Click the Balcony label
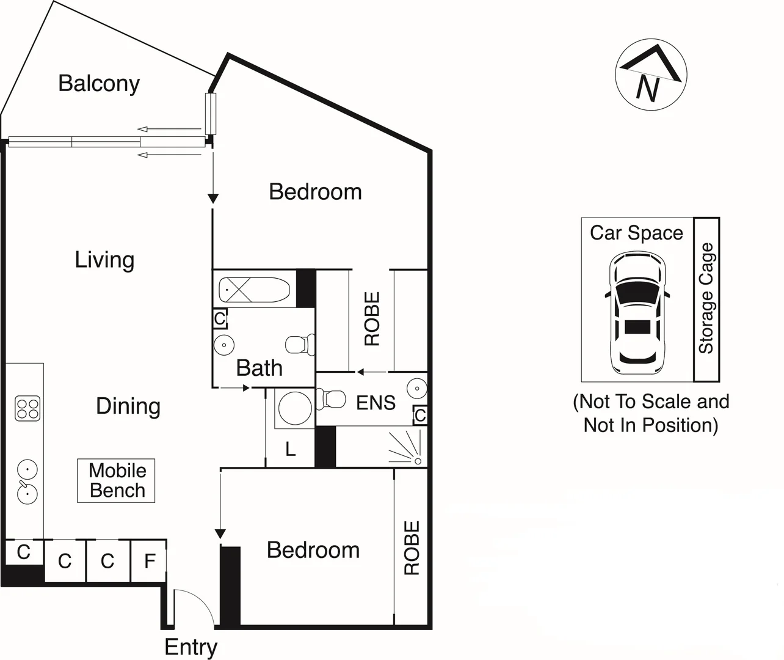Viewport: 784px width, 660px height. click(99, 83)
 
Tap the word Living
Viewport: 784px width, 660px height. click(104, 260)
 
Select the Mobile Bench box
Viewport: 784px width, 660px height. click(116, 480)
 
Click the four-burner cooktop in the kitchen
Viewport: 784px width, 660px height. click(27, 408)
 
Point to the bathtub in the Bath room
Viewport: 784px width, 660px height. click(253, 290)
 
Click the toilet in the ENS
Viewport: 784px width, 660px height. click(333, 400)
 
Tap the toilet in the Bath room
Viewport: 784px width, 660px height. click(300, 345)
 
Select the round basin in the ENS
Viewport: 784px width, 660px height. click(416, 388)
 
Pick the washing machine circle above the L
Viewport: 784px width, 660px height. click(294, 408)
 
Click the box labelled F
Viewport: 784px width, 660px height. click(149, 560)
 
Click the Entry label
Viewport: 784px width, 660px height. click(191, 647)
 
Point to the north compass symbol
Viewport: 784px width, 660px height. click(651, 76)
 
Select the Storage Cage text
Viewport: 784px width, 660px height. click(706, 298)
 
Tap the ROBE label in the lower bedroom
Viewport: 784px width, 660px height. click(412, 548)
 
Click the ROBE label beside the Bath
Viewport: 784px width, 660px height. click(372, 318)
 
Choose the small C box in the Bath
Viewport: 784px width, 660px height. click(220, 318)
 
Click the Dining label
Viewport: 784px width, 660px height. click(128, 406)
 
